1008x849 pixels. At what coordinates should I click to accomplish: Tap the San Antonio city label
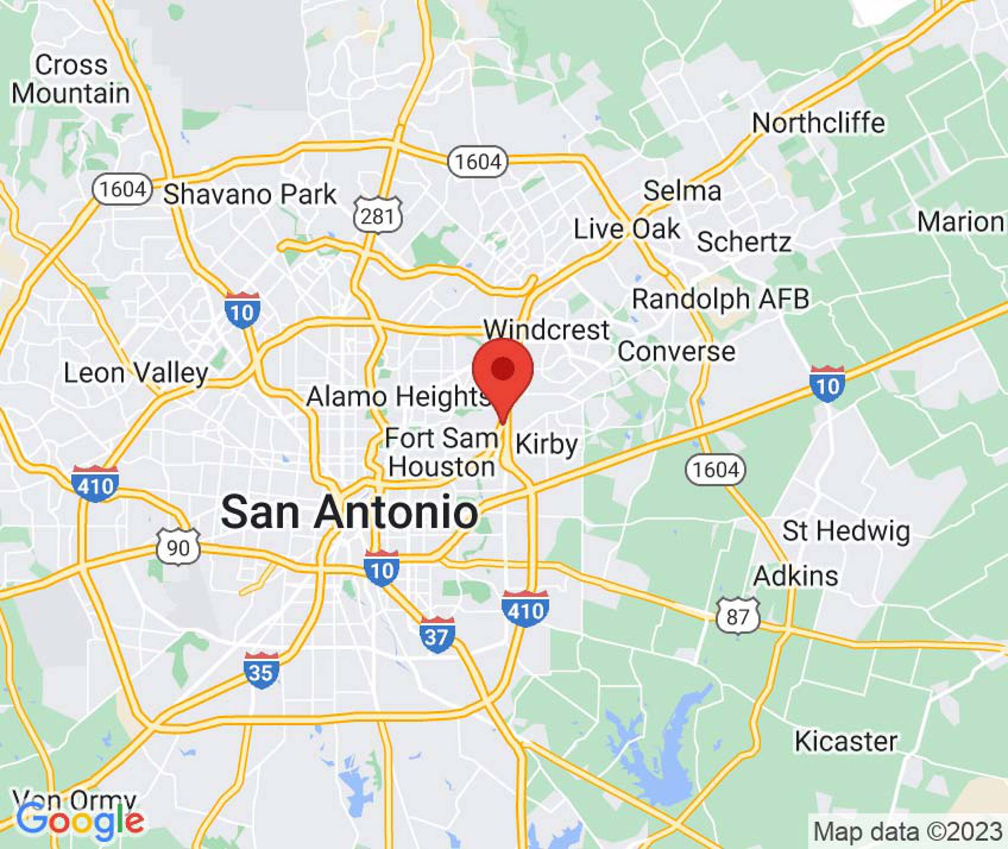[350, 512]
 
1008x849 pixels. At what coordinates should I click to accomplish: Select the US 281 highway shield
[378, 216]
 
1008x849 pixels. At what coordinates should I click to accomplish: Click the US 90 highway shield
[178, 547]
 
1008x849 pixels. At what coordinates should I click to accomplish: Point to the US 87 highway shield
[738, 616]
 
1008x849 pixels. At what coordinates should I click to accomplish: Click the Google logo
[80, 821]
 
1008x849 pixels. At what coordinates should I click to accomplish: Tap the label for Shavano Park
[250, 194]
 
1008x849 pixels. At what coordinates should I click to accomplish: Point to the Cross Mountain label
[71, 79]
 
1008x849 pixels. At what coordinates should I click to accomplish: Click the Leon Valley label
[136, 373]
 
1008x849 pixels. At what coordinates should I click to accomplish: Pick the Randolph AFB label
[720, 299]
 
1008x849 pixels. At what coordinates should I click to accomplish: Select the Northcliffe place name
[818, 123]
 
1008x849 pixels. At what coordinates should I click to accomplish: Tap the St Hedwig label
[846, 531]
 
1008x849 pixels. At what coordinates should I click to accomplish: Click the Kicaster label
[845, 741]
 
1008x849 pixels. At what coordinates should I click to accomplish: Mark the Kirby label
[547, 444]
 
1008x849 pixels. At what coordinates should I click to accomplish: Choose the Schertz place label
[743, 242]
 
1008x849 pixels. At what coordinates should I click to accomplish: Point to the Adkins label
[796, 576]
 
